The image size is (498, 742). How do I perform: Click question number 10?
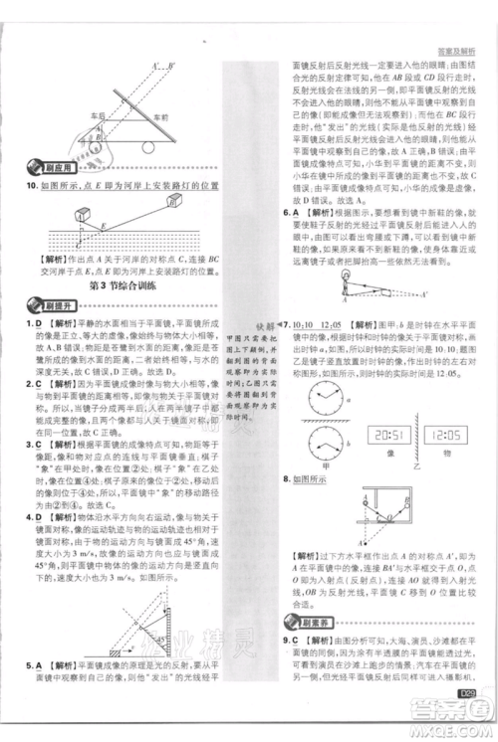[x=28, y=186]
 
